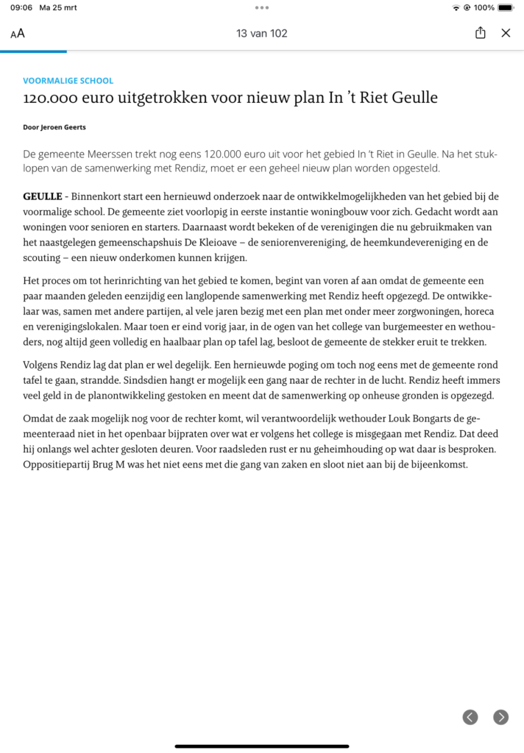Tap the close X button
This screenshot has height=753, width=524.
(x=506, y=33)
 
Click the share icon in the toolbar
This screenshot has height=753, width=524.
(x=481, y=33)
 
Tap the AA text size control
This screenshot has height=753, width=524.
(x=18, y=33)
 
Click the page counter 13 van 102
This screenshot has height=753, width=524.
(x=261, y=33)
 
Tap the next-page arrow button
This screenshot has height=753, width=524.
(x=500, y=717)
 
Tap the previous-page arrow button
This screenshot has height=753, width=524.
(x=470, y=717)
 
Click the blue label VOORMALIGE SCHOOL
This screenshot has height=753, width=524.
(x=68, y=81)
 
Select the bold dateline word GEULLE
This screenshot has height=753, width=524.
(x=43, y=196)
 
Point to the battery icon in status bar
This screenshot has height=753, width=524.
(x=505, y=7)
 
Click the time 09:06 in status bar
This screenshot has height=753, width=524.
(x=21, y=7)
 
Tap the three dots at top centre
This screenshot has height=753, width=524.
(x=262, y=7)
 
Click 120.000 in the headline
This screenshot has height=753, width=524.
(x=51, y=99)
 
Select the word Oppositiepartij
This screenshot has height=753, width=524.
(x=61, y=465)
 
